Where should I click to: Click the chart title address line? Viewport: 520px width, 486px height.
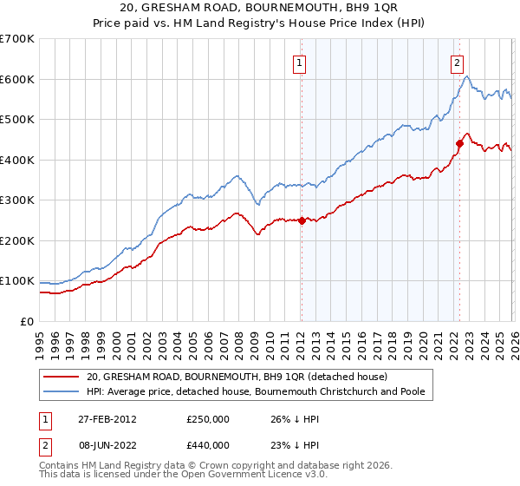pyautogui.click(x=260, y=9)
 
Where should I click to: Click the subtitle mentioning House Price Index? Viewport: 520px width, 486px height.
pyautogui.click(x=260, y=23)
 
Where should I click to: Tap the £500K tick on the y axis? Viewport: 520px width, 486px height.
pyautogui.click(x=17, y=119)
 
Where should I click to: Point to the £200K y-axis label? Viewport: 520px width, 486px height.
pyautogui.click(x=17, y=240)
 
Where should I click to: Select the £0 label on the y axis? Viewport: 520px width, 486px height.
pyautogui.click(x=27, y=321)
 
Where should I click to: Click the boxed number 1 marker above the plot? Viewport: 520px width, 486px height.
pyautogui.click(x=299, y=62)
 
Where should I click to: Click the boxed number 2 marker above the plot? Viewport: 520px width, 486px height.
pyautogui.click(x=457, y=62)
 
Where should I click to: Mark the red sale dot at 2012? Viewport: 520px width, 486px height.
pyautogui.click(x=302, y=220)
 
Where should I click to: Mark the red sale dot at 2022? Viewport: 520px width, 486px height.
pyautogui.click(x=459, y=143)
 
